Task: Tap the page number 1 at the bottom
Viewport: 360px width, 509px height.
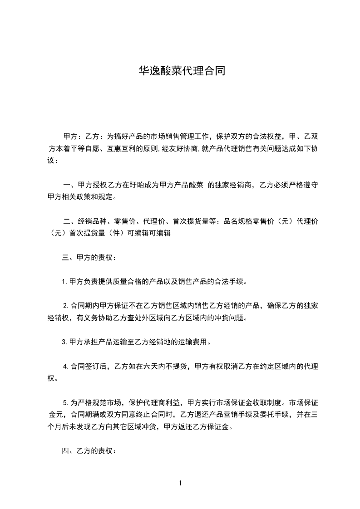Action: pos(180,483)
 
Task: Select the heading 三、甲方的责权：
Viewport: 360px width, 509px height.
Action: pos(89,258)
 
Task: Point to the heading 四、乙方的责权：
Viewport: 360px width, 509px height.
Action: pos(89,451)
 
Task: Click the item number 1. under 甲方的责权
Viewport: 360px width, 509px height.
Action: pos(65,282)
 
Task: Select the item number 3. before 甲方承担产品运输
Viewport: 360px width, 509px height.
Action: pos(65,342)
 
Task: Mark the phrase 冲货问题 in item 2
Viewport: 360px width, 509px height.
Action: pos(229,318)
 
